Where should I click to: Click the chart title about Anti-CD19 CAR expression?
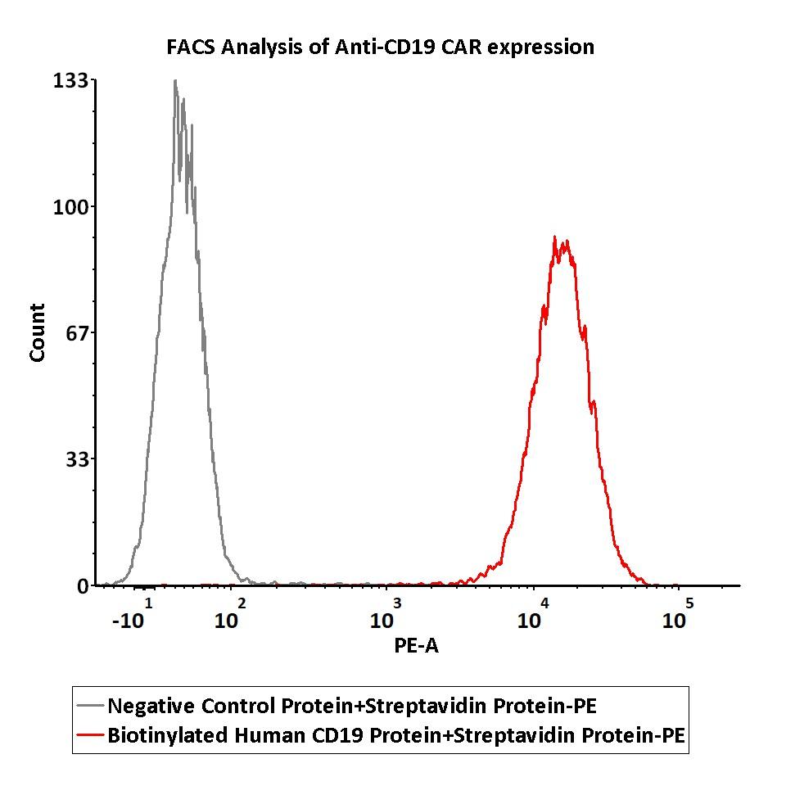click(380, 47)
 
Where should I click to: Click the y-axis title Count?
click(38, 332)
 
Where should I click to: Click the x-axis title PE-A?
click(416, 646)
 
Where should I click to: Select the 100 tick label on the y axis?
click(71, 206)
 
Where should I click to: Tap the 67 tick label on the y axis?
click(76, 332)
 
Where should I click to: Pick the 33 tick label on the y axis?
click(76, 458)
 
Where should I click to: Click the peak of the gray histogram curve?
click(175, 81)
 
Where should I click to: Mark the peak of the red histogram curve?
click(555, 237)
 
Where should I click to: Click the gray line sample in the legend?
click(90, 705)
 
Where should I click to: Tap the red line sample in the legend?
click(90, 735)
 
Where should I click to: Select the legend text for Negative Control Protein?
click(359, 705)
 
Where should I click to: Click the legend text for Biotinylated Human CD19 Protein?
click(396, 735)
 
